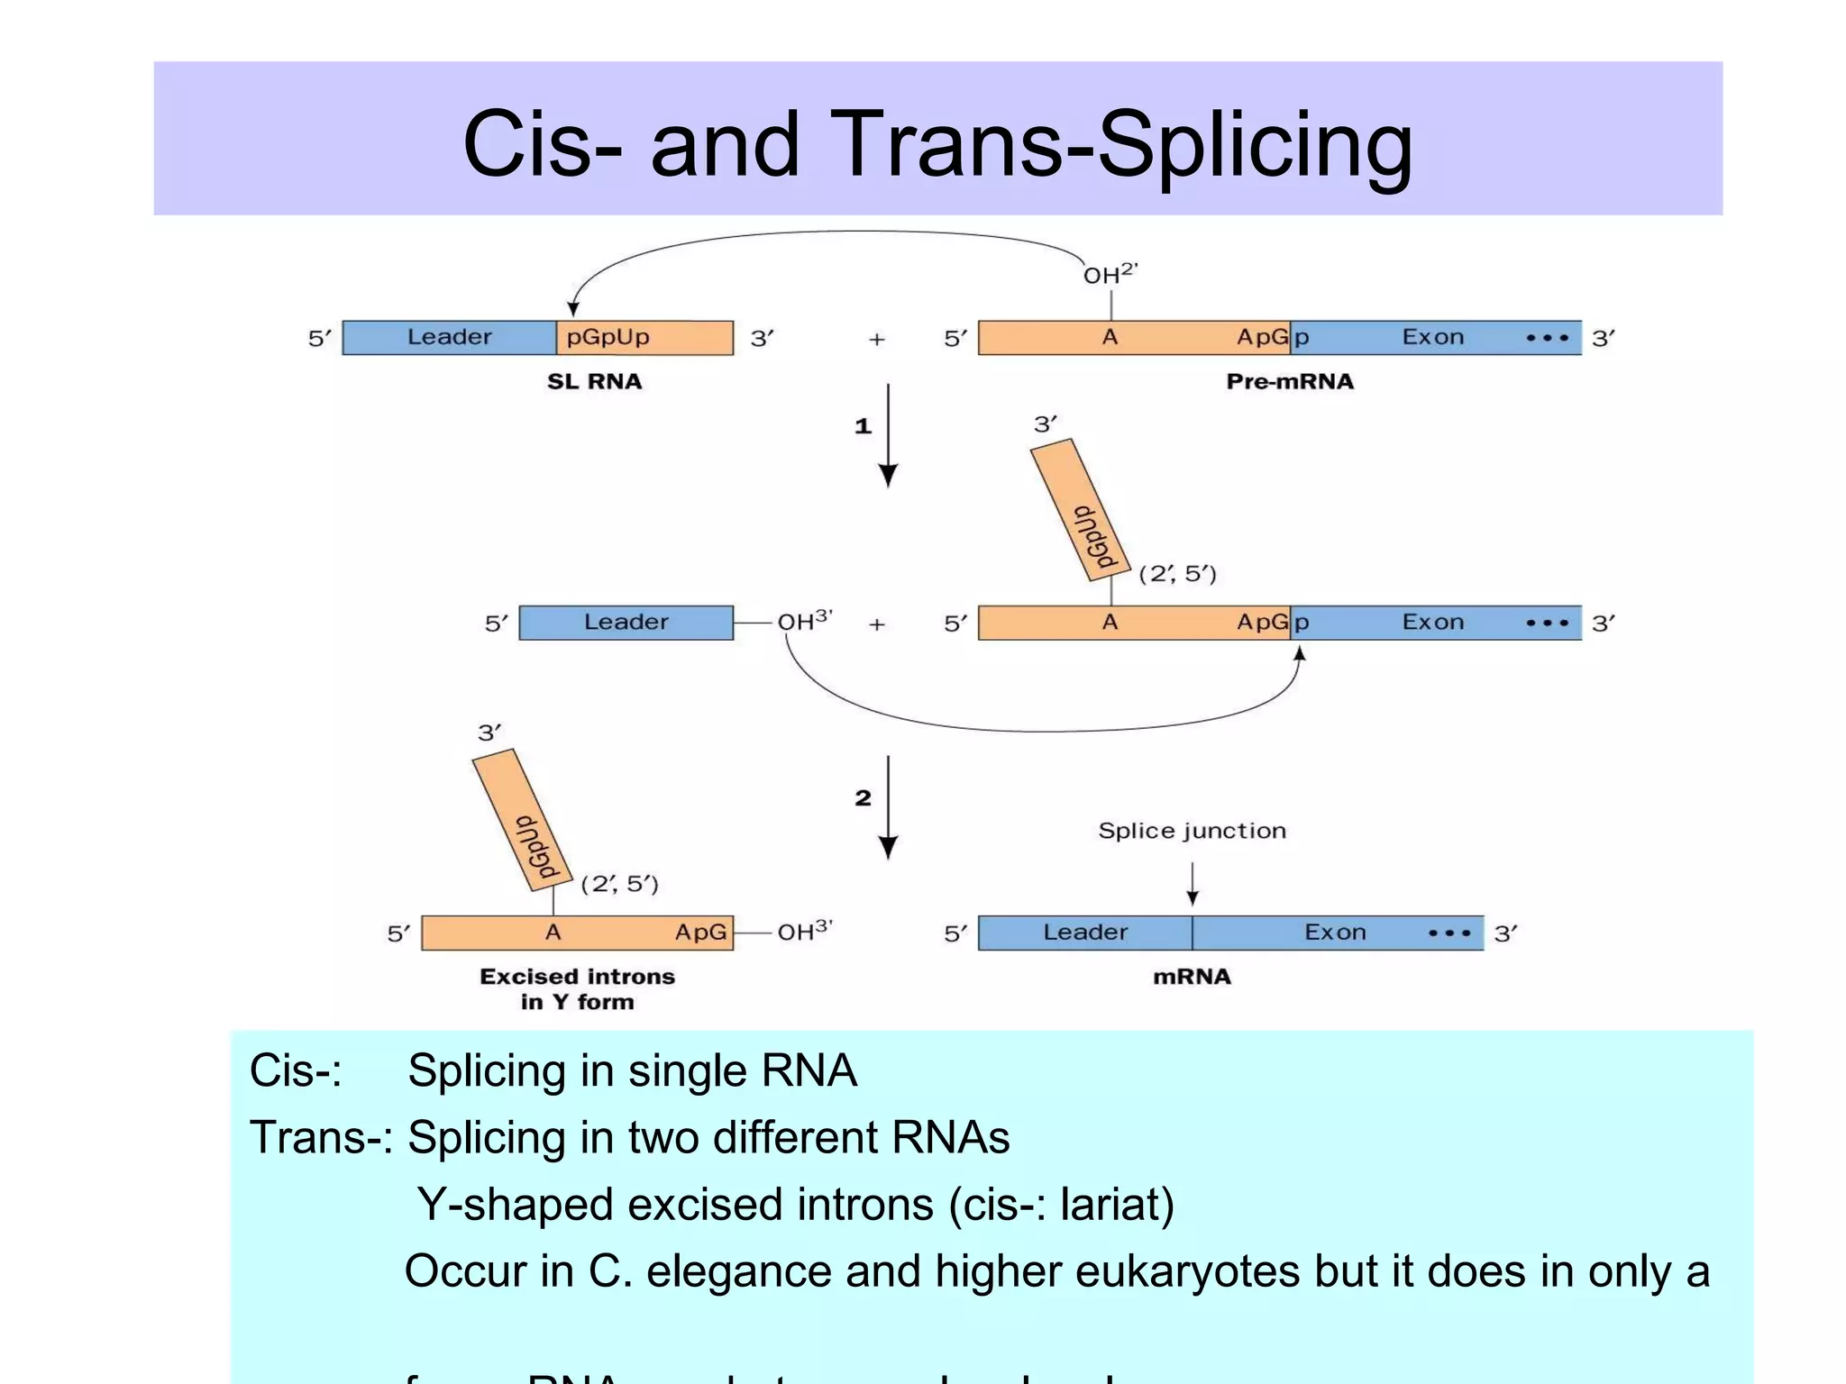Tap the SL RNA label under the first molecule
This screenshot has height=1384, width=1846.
click(594, 381)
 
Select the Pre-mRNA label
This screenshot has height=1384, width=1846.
click(1289, 381)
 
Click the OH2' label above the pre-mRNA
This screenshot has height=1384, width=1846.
click(1110, 274)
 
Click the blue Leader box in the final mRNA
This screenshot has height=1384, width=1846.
click(1084, 933)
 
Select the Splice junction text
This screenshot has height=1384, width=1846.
click(1191, 831)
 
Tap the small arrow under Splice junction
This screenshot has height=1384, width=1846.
click(1192, 884)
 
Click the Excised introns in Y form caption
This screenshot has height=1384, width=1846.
click(577, 988)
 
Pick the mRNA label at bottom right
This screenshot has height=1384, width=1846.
click(1191, 977)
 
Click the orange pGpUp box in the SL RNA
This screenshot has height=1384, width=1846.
click(644, 338)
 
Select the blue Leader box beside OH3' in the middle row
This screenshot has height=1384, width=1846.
click(626, 623)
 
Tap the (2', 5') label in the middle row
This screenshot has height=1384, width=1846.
click(1177, 574)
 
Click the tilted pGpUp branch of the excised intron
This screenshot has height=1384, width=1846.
click(523, 820)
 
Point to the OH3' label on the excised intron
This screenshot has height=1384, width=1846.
click(805, 931)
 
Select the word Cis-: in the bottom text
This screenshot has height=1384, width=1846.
click(295, 1071)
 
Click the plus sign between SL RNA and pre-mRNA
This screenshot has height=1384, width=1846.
click(876, 340)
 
